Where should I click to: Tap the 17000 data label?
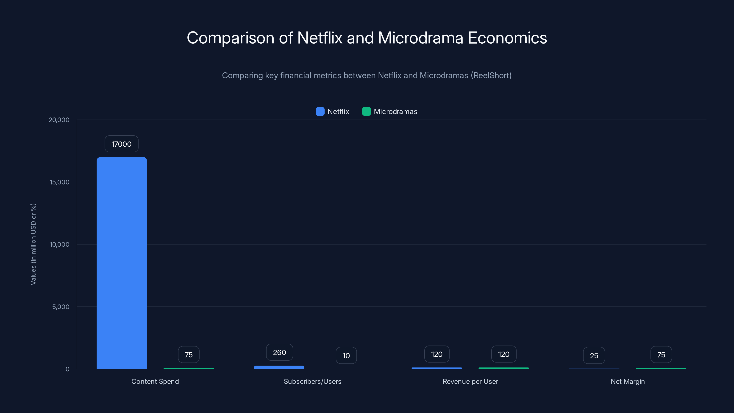(121, 144)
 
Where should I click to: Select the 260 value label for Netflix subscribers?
(279, 352)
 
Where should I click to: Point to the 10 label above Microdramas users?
(346, 355)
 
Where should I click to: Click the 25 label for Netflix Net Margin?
(594, 355)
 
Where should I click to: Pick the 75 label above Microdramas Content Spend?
(189, 354)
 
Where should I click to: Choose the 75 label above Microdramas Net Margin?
(661, 354)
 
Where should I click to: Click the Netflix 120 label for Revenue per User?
(437, 354)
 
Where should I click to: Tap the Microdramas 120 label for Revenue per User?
(503, 354)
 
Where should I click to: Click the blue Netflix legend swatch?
(320, 112)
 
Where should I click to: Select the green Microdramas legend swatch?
(366, 112)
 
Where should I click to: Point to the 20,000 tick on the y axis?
(59, 120)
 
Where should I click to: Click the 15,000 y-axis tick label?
(60, 182)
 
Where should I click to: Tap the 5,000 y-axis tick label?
(61, 307)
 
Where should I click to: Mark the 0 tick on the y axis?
(67, 369)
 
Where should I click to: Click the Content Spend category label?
(155, 381)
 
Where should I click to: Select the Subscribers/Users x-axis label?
(312, 381)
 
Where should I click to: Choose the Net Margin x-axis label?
(627, 381)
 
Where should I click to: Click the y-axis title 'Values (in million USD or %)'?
(33, 244)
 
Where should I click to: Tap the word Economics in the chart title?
(507, 38)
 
